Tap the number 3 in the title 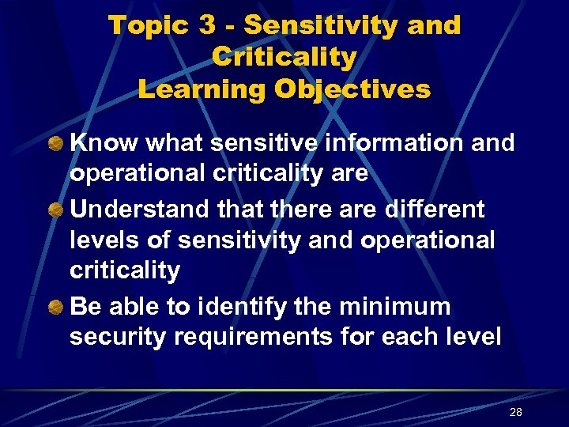208,25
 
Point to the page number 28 516,413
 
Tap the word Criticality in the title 284,57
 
